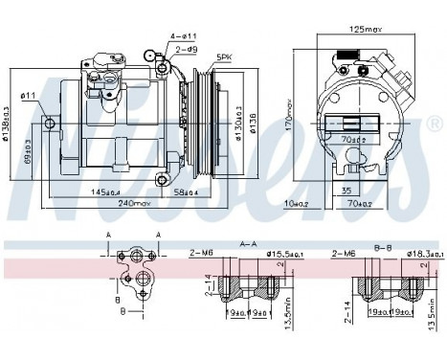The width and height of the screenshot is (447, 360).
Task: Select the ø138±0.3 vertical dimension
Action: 8,123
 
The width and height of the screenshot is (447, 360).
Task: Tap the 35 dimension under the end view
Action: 346,191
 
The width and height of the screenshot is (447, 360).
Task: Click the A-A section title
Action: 246,243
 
